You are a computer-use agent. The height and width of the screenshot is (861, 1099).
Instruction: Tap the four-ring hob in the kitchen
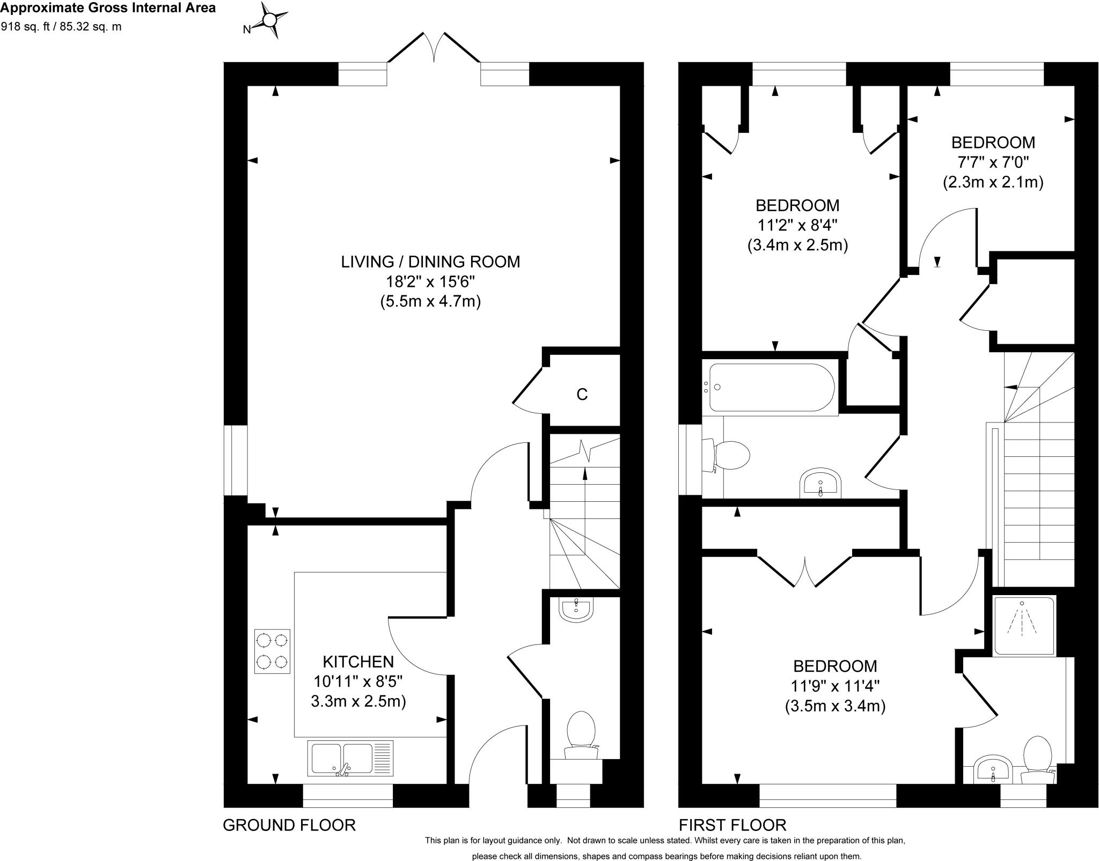coord(272,651)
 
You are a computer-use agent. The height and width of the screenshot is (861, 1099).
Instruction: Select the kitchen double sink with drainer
coord(350,759)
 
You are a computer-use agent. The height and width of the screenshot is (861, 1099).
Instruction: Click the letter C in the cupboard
coord(582,395)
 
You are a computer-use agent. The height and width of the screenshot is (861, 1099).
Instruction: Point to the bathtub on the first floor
coord(772,388)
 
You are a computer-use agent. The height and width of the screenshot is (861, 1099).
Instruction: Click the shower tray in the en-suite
coord(1024,625)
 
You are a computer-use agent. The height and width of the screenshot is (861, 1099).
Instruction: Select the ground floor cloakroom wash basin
coord(575,609)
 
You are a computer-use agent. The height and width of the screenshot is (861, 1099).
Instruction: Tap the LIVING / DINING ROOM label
coord(430,262)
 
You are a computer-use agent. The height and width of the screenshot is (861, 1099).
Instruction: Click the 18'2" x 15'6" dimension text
coord(430,281)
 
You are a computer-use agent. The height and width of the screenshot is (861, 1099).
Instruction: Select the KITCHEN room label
coord(358,662)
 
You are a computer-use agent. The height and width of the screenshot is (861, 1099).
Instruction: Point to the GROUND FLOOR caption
coord(289,825)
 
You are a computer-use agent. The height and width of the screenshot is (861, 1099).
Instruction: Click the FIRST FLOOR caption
coord(732,825)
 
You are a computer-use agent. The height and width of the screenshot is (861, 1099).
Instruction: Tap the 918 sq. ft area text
coord(61,27)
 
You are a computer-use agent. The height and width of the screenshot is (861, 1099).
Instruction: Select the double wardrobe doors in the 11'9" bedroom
coord(804,571)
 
